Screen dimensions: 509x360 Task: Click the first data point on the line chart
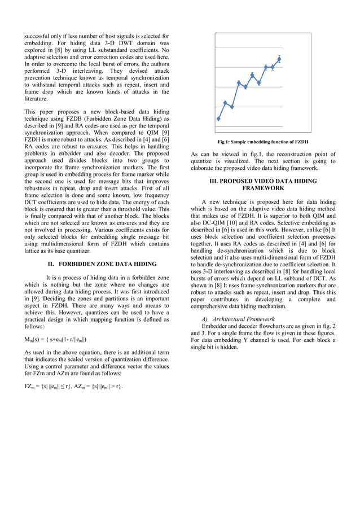point(219,119)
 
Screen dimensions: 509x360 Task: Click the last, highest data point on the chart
point(279,59)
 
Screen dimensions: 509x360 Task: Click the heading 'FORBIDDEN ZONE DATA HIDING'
point(108,264)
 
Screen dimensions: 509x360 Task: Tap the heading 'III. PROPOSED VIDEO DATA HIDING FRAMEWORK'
point(263,185)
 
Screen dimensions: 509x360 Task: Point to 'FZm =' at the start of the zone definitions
point(32,386)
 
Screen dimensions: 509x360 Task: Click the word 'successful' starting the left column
point(37,37)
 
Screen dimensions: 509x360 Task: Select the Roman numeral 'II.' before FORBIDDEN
point(50,264)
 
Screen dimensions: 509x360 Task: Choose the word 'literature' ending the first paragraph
point(36,98)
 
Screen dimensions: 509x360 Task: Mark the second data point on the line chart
point(226,103)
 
